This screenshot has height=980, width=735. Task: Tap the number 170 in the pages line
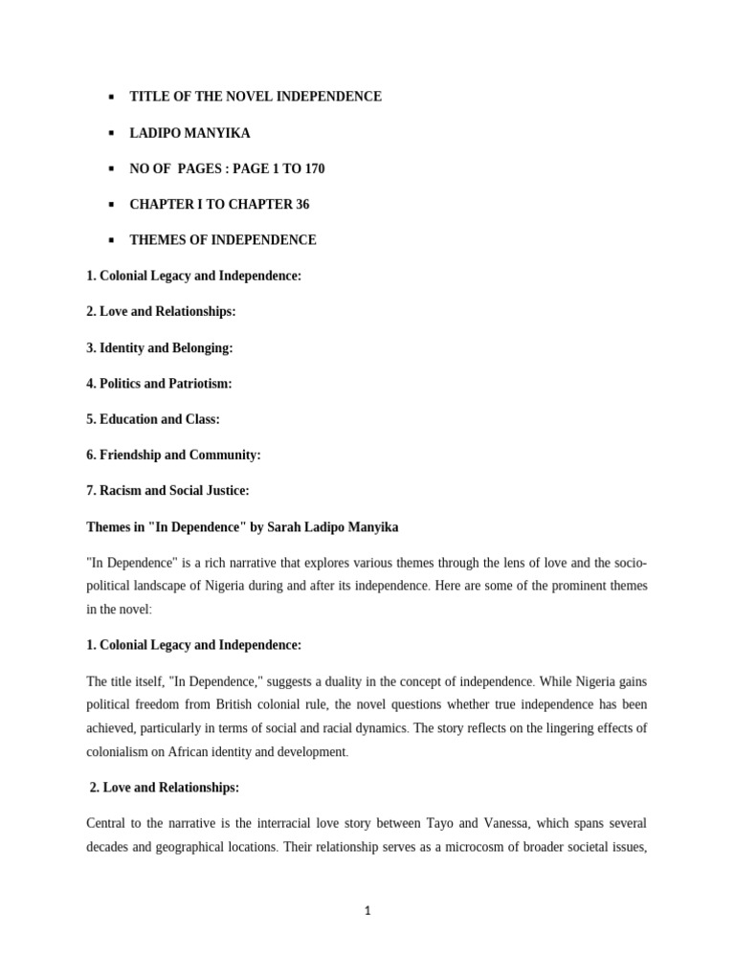(x=313, y=168)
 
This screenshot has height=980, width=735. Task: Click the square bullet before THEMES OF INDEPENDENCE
(x=112, y=240)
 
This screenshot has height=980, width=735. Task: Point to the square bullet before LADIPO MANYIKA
(x=112, y=133)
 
